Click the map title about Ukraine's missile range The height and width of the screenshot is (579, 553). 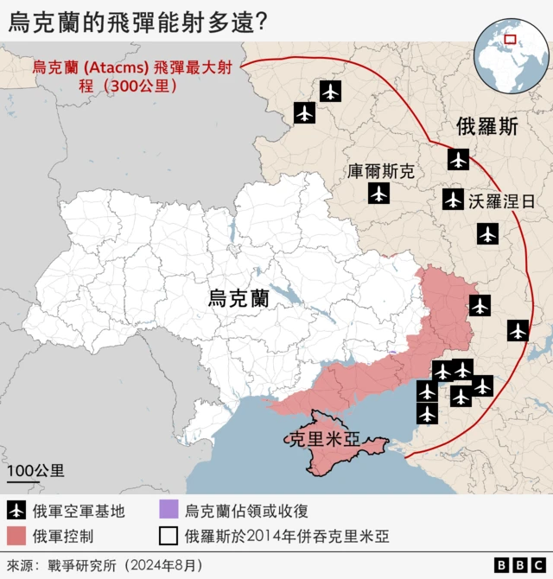coord(137,22)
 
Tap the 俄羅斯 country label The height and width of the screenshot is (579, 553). coord(487,127)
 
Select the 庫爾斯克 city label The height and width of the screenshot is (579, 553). coord(381,171)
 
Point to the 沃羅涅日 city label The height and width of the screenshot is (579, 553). coord(502,201)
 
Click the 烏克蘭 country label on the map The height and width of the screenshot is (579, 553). coord(238,299)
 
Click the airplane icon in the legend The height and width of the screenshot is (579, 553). coord(16,511)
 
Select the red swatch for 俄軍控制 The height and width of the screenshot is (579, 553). coord(16,536)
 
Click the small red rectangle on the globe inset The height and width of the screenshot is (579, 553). coord(511,39)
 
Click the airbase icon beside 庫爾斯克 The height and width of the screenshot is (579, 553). coord(378,194)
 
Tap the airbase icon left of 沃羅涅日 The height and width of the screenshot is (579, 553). coord(453,200)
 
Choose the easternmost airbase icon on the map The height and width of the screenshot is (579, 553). coord(518,330)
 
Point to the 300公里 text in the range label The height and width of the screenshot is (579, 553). coord(138,86)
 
